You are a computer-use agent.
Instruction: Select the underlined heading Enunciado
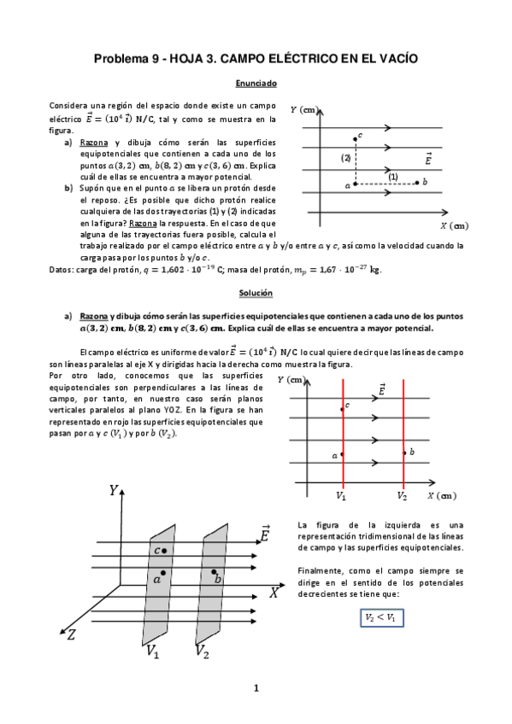(x=256, y=84)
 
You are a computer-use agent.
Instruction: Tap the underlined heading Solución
(x=256, y=293)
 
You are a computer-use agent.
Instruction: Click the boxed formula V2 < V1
(x=380, y=616)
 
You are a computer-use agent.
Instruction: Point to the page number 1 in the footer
(x=256, y=688)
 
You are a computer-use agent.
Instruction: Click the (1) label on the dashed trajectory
(x=393, y=176)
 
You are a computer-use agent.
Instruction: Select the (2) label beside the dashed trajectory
(x=346, y=158)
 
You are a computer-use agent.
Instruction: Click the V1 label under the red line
(x=342, y=494)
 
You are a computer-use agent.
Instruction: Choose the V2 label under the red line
(x=402, y=494)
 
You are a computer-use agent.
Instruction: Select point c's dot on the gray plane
(x=162, y=552)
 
